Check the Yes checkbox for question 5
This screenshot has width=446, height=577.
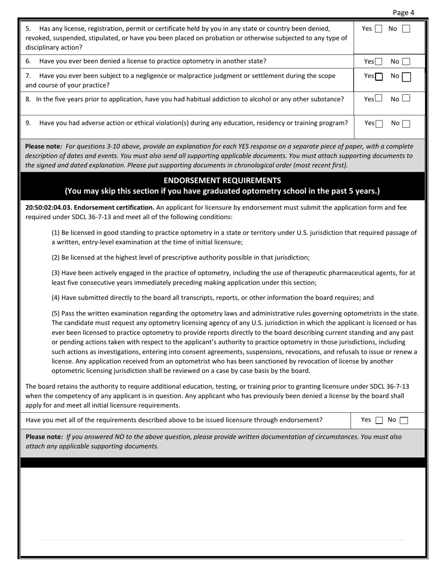378,29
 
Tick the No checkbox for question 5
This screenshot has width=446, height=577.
406,29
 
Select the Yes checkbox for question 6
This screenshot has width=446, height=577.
378,61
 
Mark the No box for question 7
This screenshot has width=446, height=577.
407,76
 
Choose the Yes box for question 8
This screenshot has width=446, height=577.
378,99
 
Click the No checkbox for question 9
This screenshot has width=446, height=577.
406,123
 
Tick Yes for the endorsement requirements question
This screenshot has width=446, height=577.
379,420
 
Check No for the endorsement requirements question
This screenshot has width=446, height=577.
404,420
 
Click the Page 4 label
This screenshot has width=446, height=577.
403,13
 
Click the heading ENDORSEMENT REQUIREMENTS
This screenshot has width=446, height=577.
222,181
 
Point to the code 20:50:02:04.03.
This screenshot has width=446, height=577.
48,207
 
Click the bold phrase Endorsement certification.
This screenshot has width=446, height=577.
114,207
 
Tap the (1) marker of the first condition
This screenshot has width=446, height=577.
55,233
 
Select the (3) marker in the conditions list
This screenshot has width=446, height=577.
55,273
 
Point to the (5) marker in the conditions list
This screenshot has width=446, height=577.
55,313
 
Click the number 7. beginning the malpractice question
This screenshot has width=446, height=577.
29,76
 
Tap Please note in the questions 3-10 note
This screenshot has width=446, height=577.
43,146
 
